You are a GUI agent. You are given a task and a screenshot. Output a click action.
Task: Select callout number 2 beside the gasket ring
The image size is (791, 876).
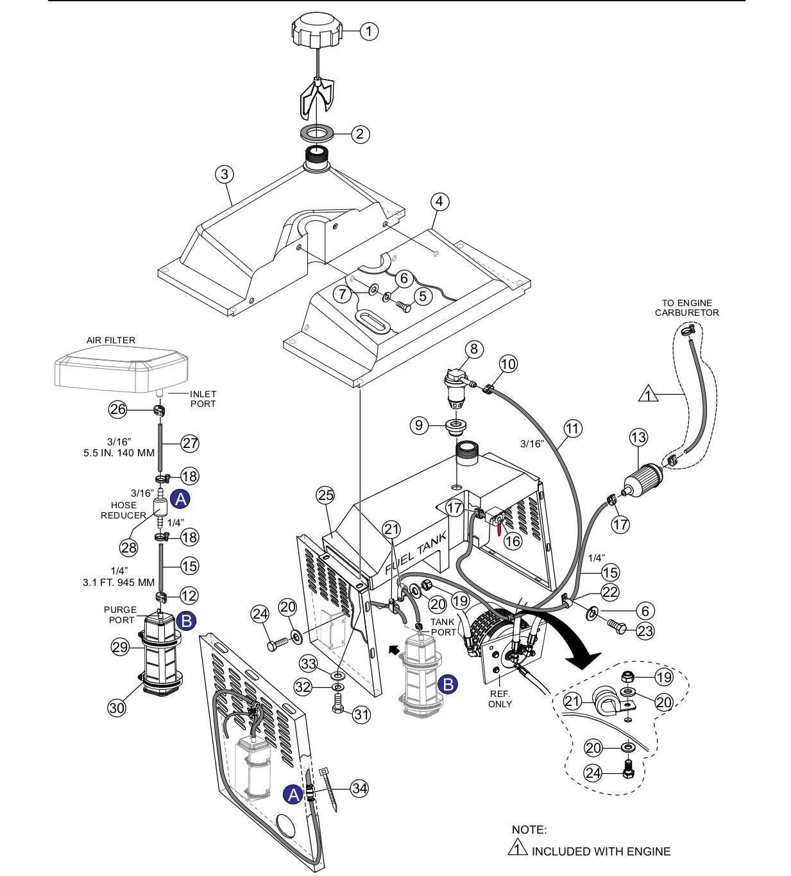coord(360,133)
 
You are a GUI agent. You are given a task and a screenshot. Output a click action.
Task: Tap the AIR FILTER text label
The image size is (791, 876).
coord(111,340)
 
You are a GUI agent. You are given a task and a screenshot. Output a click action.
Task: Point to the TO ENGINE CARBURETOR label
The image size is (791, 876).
coord(687,308)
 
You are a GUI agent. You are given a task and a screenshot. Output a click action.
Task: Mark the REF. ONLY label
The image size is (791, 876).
coord(500,699)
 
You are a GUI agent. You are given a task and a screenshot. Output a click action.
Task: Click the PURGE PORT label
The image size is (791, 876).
coord(120,615)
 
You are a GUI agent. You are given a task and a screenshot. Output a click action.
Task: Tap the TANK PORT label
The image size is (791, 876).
coord(443,627)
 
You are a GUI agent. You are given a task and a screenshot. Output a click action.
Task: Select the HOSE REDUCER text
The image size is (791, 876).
coord(123,510)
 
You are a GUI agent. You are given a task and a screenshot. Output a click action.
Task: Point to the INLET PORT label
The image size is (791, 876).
coord(203,399)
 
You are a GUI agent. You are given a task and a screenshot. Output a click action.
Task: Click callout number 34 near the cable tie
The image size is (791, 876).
coord(360,789)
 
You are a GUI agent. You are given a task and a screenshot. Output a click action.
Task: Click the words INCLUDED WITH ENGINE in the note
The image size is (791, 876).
coord(600,852)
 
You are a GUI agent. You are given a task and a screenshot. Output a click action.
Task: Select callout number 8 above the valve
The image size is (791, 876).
coord(475,349)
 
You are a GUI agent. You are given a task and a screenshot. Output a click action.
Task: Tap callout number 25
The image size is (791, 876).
coord(326,495)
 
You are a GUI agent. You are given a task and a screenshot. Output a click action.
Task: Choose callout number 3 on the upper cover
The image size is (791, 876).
coord(224,174)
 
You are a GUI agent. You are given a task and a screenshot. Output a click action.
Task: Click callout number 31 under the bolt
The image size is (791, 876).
coord(361,714)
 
